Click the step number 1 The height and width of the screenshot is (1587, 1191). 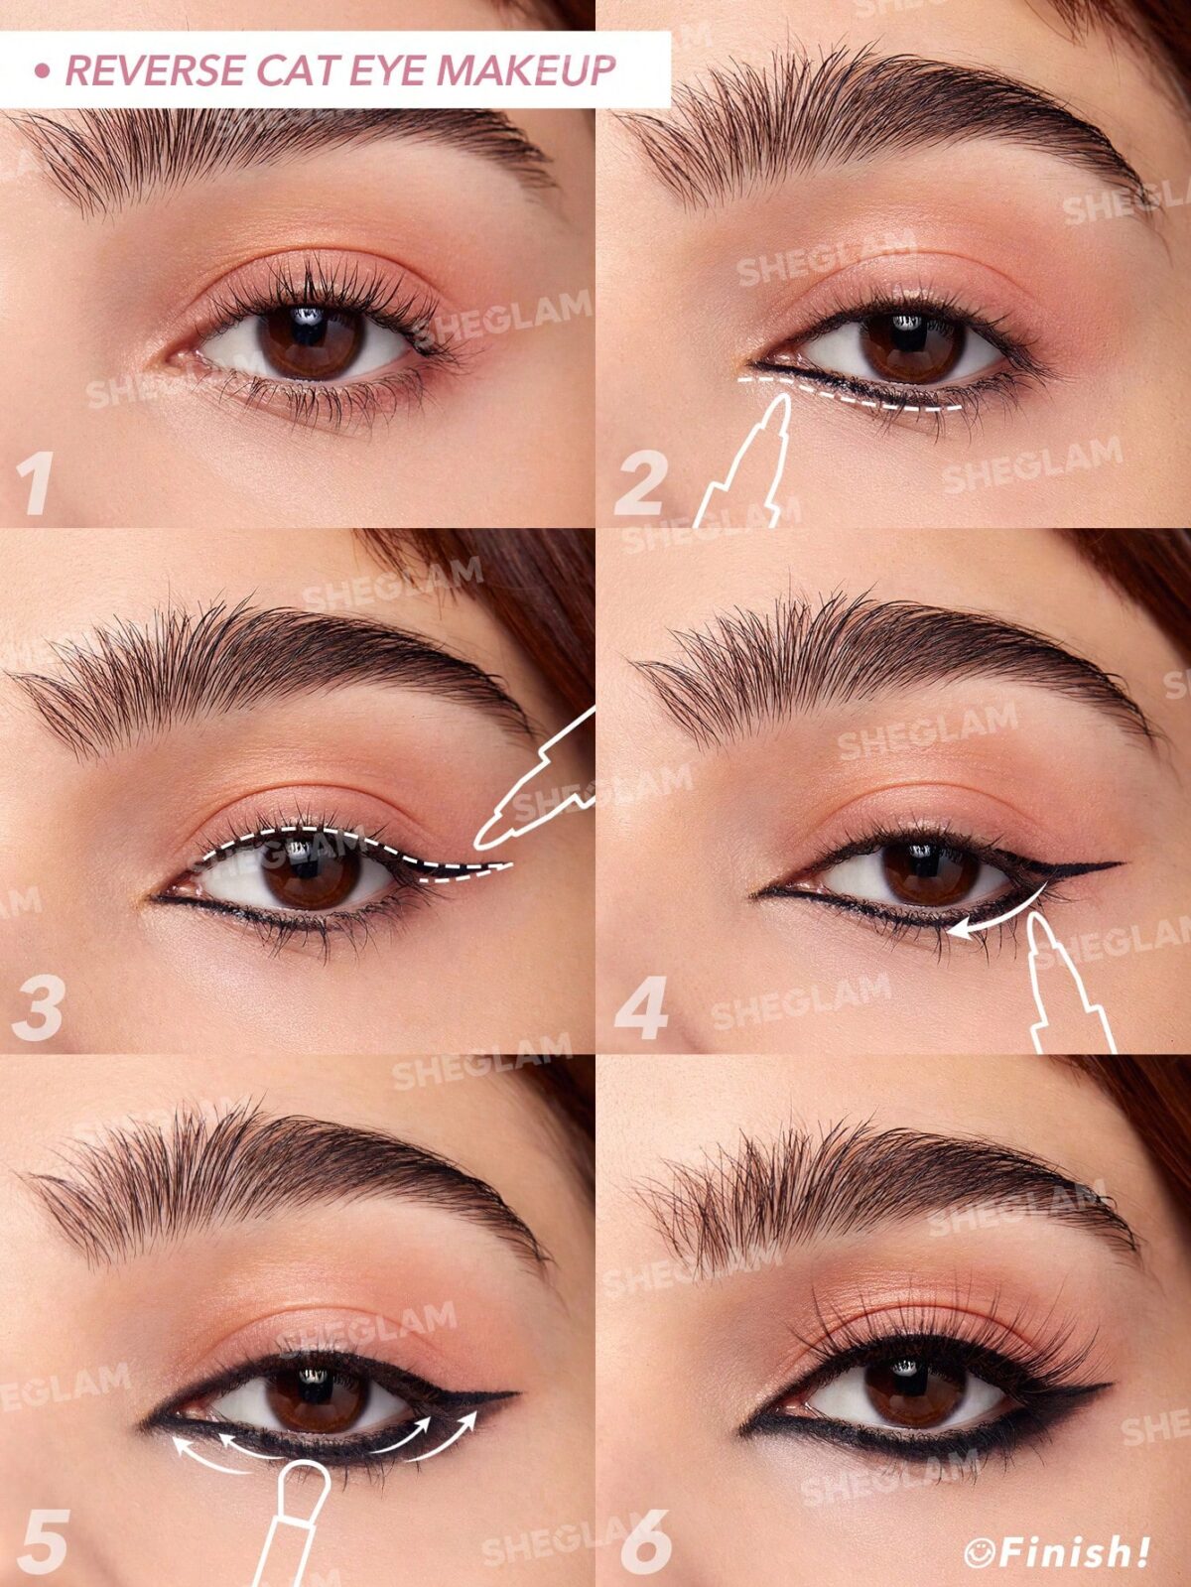tap(36, 483)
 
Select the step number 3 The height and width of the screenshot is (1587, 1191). tap(37, 1007)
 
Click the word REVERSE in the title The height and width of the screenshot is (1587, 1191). tap(154, 70)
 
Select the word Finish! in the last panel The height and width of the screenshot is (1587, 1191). tap(1075, 1549)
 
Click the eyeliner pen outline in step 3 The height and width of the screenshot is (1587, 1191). tap(536, 784)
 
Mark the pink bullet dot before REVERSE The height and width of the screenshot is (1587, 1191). tap(42, 70)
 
